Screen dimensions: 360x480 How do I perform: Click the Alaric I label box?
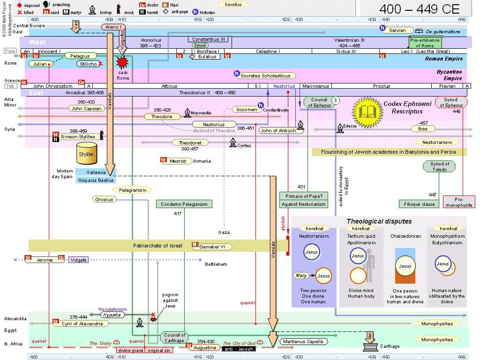click(114, 27)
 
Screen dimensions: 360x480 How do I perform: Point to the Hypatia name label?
click(112, 315)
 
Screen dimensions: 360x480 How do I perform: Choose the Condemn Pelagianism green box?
click(184, 204)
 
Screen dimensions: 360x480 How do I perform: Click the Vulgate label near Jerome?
click(78, 260)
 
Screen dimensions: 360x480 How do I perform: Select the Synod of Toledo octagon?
click(440, 166)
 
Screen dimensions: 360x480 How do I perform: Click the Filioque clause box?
click(419, 204)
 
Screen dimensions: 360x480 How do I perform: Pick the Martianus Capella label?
click(304, 341)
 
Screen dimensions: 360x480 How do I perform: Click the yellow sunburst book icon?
click(367, 111)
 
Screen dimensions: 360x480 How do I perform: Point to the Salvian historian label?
click(397, 30)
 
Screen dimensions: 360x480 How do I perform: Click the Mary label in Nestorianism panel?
click(301, 276)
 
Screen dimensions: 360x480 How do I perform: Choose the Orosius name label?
click(104, 200)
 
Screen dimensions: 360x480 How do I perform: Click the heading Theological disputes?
click(379, 221)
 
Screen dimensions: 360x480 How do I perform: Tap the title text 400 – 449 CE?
click(412, 8)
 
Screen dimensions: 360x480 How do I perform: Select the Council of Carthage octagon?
click(175, 337)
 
